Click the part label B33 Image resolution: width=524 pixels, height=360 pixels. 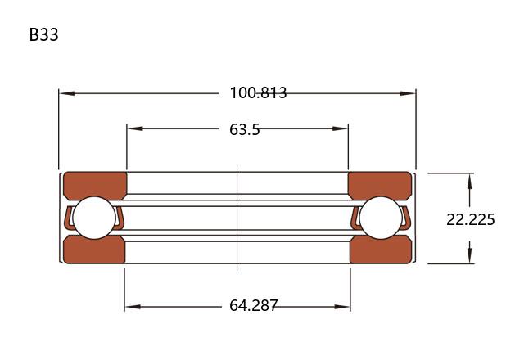click(43, 34)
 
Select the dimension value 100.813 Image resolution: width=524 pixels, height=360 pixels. click(258, 92)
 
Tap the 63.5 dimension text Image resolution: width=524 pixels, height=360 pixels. click(244, 129)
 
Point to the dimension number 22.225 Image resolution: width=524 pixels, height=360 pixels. click(471, 220)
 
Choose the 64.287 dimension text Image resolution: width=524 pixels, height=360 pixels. click(253, 305)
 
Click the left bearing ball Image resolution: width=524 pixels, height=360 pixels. click(94, 218)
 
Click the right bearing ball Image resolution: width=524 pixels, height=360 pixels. click(381, 218)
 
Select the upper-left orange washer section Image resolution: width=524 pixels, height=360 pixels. click(95, 185)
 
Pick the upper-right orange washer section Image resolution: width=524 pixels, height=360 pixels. click(380, 185)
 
